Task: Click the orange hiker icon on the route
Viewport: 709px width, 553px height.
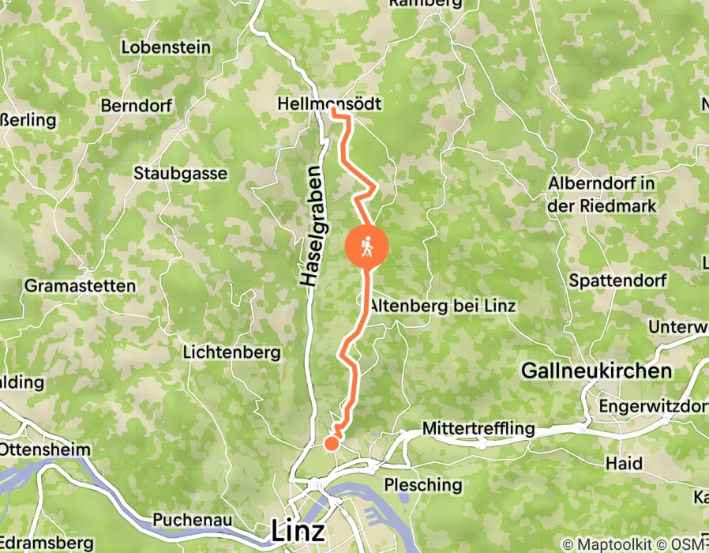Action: (367, 247)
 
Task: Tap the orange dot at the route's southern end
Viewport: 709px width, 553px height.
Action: (332, 443)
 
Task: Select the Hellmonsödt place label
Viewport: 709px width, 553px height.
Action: (329, 104)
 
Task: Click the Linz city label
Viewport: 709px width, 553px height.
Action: (297, 530)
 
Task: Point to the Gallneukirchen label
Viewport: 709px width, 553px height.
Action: (597, 371)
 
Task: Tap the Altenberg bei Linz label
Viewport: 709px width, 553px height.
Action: (442, 306)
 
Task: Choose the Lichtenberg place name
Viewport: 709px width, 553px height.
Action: (231, 352)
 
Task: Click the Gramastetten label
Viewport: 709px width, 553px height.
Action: (81, 285)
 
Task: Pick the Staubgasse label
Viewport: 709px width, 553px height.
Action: (181, 173)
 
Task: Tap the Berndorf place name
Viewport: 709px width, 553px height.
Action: (137, 106)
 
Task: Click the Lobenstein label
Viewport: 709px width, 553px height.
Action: (166, 47)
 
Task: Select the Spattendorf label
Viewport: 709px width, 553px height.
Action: (618, 280)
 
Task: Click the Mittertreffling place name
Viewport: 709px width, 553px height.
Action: (478, 429)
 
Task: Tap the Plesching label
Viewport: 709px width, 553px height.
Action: (422, 484)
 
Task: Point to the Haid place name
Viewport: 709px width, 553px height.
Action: (624, 463)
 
